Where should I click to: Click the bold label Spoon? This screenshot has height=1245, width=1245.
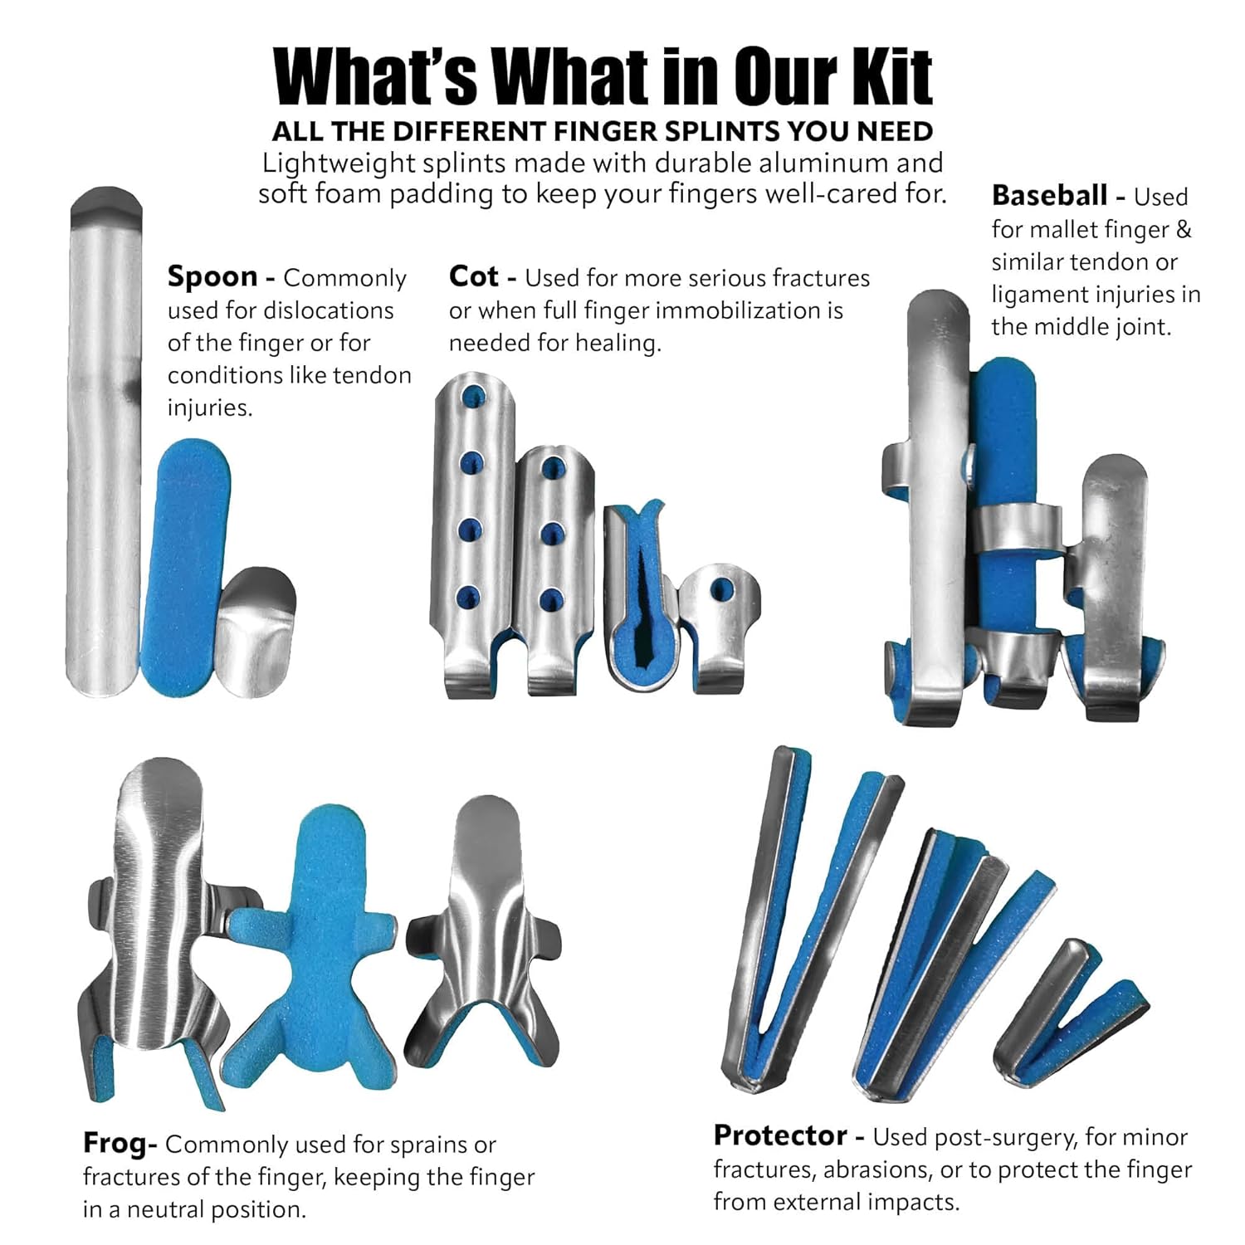(x=212, y=277)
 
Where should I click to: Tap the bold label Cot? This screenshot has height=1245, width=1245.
(x=473, y=276)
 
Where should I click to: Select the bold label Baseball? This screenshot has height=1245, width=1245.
(x=1049, y=196)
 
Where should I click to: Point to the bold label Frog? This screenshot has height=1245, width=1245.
(x=116, y=1144)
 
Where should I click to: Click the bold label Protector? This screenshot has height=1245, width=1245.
(x=780, y=1135)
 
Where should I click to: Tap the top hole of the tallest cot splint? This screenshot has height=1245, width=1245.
(x=472, y=395)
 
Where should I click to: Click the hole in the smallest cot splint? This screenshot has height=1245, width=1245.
(x=721, y=591)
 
